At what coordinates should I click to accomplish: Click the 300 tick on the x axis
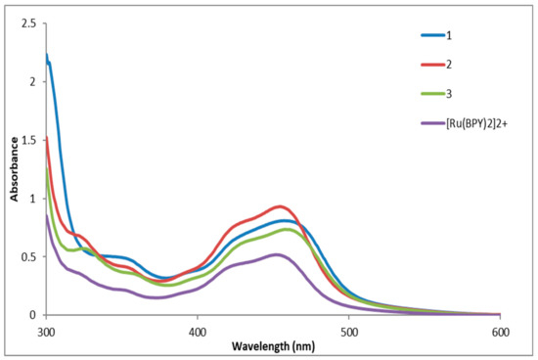pos(46,332)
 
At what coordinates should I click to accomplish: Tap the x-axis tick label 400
pos(198,332)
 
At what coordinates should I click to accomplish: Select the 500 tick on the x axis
pos(349,332)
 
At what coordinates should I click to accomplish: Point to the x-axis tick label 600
pos(500,332)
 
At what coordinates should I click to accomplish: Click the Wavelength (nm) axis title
pos(273,346)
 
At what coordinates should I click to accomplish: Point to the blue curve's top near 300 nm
pos(46,55)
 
